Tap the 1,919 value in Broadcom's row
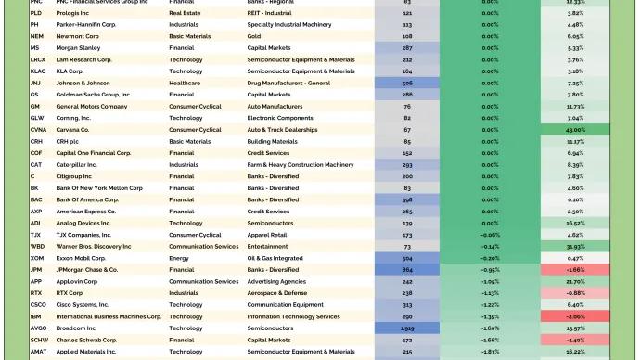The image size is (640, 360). [x=407, y=328]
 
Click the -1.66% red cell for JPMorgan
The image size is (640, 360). [x=575, y=270]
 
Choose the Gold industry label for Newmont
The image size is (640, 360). [x=254, y=35]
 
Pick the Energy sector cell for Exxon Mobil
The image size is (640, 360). [x=179, y=258]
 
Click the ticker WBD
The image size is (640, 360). [x=37, y=247]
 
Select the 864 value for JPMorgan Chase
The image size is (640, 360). [x=407, y=270]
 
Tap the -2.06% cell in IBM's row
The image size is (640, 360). [x=575, y=316]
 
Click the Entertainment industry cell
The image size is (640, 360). [x=268, y=247]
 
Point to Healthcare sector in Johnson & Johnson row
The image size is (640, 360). [x=184, y=83]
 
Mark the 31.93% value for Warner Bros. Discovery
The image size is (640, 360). [x=575, y=247]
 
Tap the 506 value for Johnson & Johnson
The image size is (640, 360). [x=407, y=83]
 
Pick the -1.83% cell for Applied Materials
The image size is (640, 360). [x=490, y=352]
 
